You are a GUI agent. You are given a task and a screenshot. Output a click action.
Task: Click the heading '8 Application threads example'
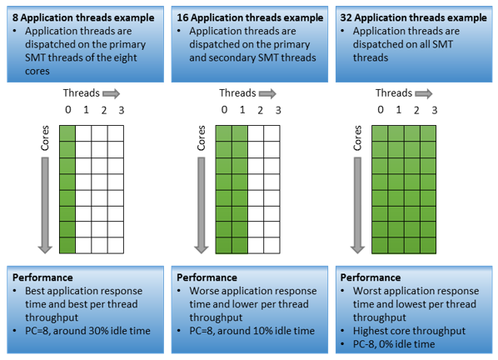pyautogui.click(x=83, y=17)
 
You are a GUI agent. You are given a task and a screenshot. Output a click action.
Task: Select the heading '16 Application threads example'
pyautogui.click(x=250, y=17)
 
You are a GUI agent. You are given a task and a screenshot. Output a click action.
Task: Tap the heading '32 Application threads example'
pyautogui.click(x=414, y=17)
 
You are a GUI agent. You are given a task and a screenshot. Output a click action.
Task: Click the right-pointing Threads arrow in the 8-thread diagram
pyautogui.click(x=111, y=93)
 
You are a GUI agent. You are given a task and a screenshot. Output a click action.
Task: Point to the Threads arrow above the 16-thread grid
pyautogui.click(x=267, y=93)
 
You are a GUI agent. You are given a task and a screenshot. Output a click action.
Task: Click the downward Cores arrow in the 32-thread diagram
pyautogui.click(x=357, y=205)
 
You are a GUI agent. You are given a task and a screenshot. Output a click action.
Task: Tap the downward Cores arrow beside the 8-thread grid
pyautogui.click(x=45, y=205)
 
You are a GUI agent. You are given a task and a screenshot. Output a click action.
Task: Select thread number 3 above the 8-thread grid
pyautogui.click(x=122, y=110)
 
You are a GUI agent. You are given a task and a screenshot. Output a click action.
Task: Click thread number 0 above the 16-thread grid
pyautogui.click(x=224, y=110)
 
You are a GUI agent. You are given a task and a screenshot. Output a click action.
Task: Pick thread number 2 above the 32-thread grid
pyautogui.click(x=416, y=110)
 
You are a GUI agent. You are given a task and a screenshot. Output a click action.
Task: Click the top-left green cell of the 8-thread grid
pyautogui.click(x=67, y=133)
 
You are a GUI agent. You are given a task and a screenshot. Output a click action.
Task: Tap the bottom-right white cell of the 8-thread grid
pyautogui.click(x=116, y=245)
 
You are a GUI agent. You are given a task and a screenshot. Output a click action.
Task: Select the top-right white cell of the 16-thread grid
pyautogui.click(x=271, y=133)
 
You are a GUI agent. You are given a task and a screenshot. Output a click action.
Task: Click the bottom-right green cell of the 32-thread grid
pyautogui.click(x=428, y=245)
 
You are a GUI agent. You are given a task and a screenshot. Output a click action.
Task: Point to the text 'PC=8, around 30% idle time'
pyautogui.click(x=87, y=331)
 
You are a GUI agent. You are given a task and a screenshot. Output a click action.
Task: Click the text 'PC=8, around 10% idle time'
pyautogui.click(x=251, y=331)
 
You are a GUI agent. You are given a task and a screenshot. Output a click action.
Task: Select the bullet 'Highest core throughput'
pyautogui.click(x=409, y=331)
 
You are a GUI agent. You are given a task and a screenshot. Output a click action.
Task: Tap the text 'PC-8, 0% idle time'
pyautogui.click(x=394, y=344)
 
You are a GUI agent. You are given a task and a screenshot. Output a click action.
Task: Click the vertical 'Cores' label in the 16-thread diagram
pyautogui.click(x=201, y=137)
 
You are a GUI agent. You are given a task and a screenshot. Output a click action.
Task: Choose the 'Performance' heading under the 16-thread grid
pyautogui.click(x=207, y=277)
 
